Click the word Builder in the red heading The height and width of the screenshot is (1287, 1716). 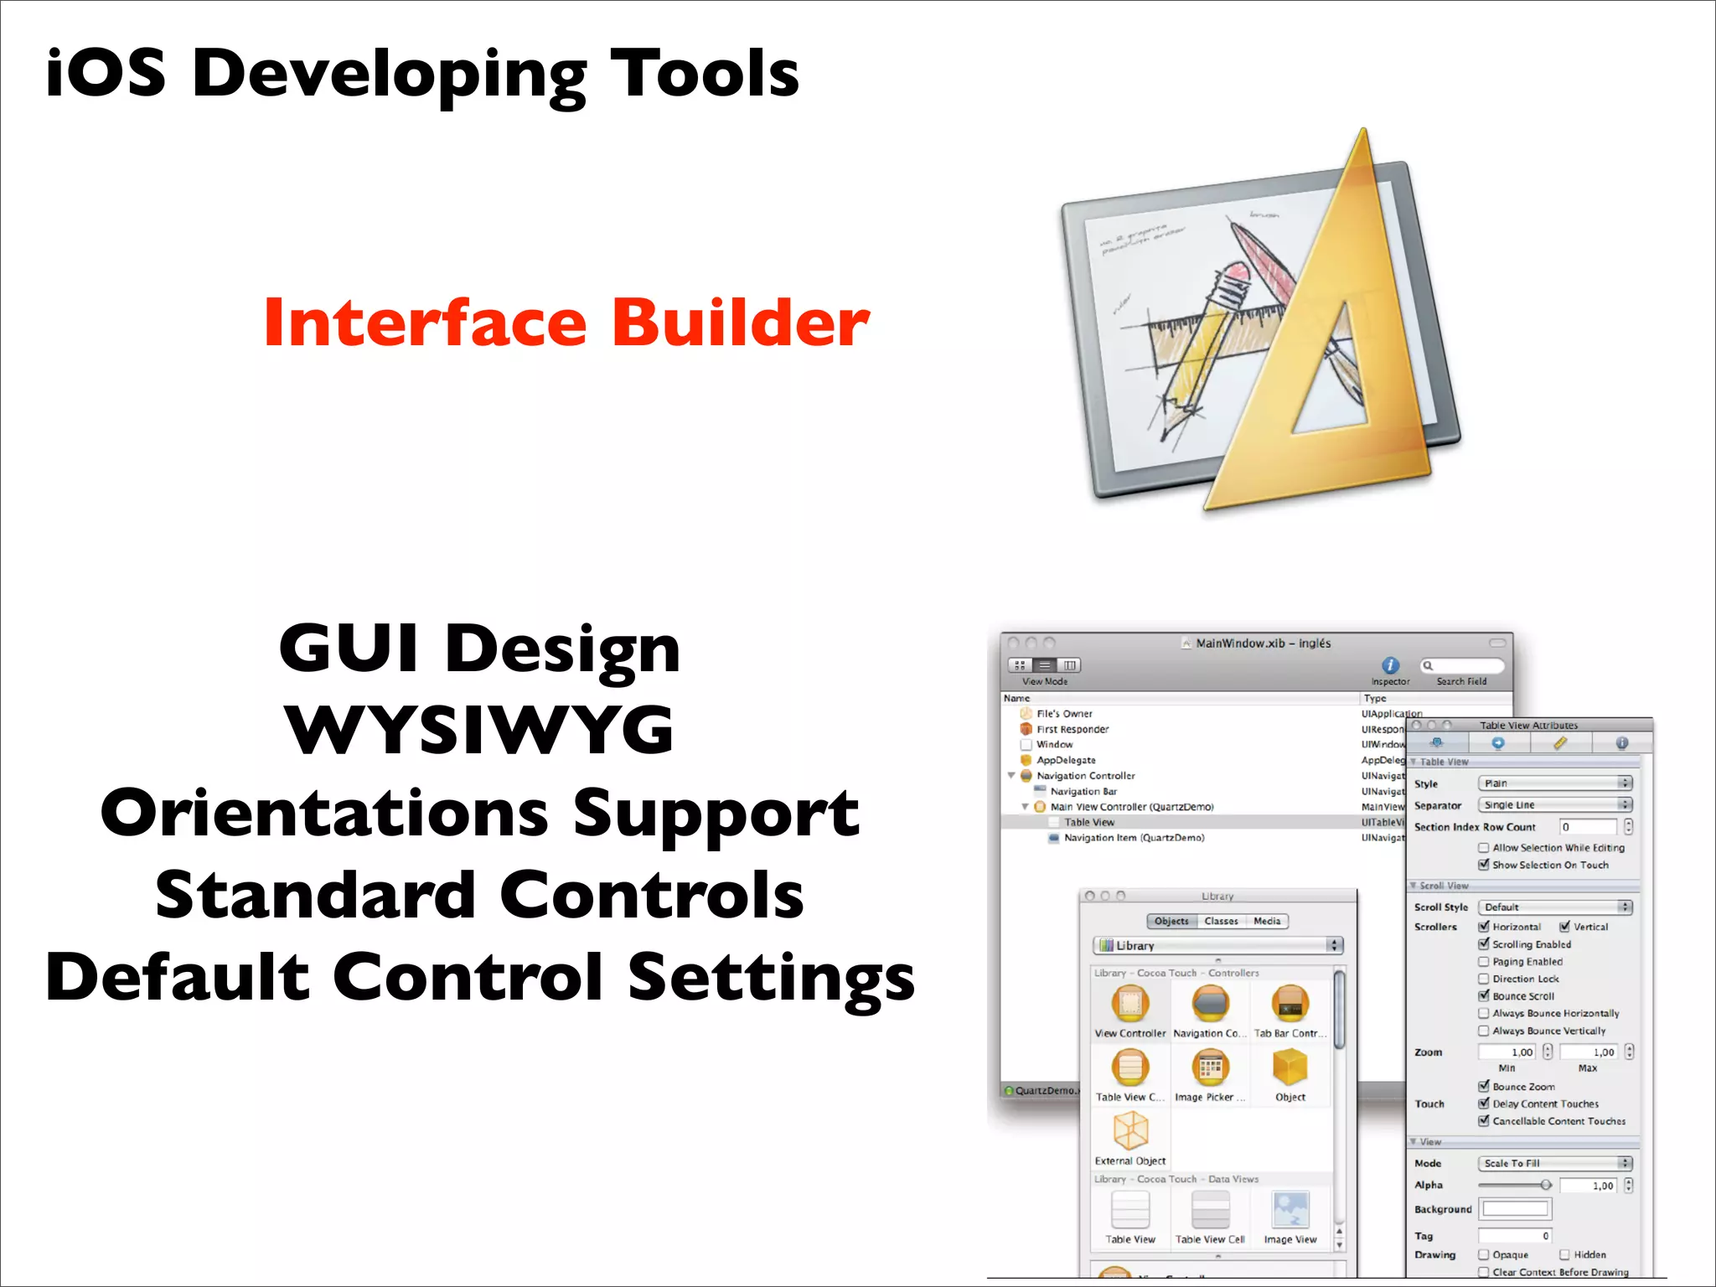click(741, 323)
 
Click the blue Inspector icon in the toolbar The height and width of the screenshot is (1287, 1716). click(1390, 665)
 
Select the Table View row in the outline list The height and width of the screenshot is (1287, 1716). click(1088, 822)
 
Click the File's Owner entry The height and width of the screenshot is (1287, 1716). click(1064, 714)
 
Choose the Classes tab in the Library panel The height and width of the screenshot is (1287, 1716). click(1221, 921)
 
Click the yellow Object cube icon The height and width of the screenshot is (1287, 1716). click(1290, 1067)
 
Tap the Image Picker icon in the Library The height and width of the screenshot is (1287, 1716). click(1210, 1067)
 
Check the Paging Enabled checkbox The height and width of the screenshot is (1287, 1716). click(1484, 962)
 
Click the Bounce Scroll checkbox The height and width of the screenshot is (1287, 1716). click(1484, 996)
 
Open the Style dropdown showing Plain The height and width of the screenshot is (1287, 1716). click(1555, 783)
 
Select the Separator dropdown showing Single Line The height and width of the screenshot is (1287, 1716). click(1555, 805)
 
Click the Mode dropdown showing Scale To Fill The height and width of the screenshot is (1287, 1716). click(1555, 1163)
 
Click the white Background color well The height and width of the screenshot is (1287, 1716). click(1515, 1209)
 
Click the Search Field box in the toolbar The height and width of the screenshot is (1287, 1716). click(1463, 666)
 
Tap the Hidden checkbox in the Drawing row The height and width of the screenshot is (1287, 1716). click(1564, 1254)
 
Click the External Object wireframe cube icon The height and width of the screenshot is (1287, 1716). click(1129, 1130)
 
